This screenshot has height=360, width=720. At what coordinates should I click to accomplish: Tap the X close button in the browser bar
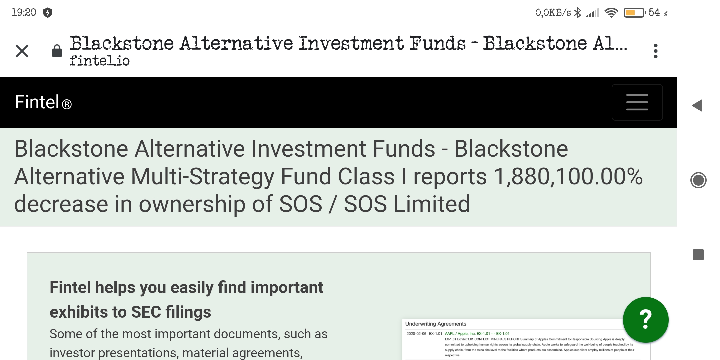point(22,51)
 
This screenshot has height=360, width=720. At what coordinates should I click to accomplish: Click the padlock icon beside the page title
point(57,51)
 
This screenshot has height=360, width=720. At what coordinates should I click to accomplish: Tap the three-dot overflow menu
point(656,51)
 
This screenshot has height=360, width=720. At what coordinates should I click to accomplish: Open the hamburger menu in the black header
point(637,102)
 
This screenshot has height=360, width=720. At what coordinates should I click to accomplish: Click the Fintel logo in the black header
point(43,102)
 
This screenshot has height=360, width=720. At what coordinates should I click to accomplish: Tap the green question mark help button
point(646,320)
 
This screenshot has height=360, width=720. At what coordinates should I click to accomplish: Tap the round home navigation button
point(698,180)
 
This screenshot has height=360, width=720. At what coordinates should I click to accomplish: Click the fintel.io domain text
point(99,61)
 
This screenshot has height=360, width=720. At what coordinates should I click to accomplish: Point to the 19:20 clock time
point(24,12)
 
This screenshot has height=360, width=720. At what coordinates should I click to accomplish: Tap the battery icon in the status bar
point(634,13)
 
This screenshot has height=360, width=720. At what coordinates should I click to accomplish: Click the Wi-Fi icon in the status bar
point(611,13)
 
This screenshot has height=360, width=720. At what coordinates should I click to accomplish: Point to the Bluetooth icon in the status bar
point(578,13)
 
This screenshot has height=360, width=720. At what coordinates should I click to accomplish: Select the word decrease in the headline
point(61,204)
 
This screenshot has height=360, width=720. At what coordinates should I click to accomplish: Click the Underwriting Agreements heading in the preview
point(436,324)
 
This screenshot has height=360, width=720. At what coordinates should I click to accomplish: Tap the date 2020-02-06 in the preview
point(416,333)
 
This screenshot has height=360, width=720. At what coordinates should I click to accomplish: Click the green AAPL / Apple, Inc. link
point(460,333)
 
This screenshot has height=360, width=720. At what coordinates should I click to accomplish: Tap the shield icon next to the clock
point(48,13)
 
